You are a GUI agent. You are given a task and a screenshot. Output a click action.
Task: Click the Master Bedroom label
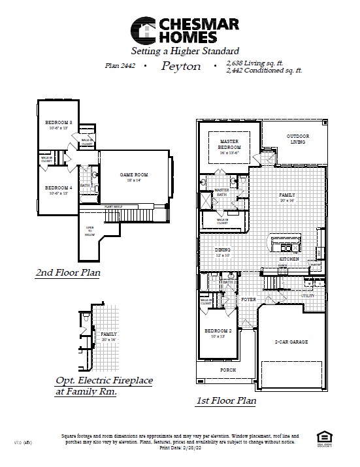tap(230, 144)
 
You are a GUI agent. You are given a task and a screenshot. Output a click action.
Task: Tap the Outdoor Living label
tap(298, 138)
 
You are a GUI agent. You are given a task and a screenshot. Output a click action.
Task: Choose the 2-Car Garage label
tap(291, 342)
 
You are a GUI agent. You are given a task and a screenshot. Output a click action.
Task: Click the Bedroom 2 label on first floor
tap(218, 332)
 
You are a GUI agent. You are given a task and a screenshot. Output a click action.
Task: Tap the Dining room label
tap(223, 251)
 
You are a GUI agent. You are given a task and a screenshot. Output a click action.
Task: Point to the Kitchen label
tap(289, 259)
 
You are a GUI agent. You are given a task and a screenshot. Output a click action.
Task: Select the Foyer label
tap(248, 299)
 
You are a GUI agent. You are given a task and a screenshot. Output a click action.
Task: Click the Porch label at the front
tap(227, 370)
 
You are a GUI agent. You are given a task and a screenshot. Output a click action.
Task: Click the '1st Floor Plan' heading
tap(226, 400)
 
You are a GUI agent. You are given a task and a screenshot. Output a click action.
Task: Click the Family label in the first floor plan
tap(286, 194)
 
